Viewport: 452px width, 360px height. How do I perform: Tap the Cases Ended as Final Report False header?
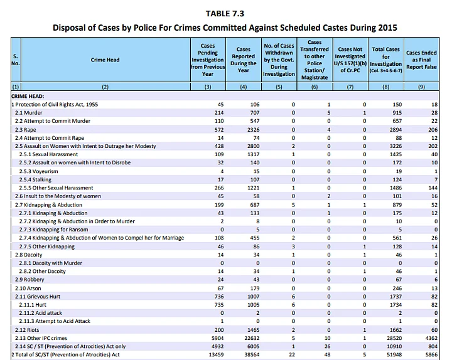(x=422, y=60)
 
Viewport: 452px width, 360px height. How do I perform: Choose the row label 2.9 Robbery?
(x=30, y=278)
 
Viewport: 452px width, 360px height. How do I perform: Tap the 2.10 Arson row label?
(x=28, y=287)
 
